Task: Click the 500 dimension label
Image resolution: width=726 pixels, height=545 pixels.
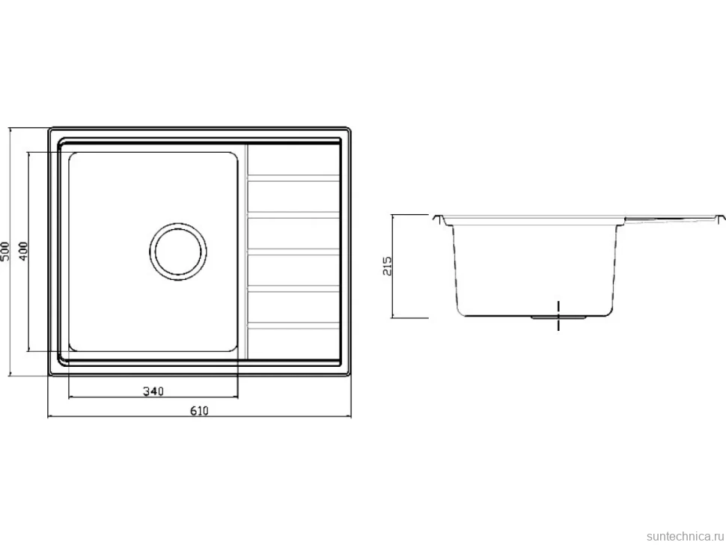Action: tap(5, 251)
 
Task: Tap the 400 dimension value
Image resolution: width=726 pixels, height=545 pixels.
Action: tap(23, 251)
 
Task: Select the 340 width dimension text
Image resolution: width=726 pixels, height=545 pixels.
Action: tap(153, 392)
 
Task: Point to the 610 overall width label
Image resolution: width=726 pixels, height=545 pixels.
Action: tap(199, 411)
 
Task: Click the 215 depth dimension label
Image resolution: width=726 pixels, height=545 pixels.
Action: tap(387, 267)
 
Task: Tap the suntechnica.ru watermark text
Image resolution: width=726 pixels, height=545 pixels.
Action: tap(685, 536)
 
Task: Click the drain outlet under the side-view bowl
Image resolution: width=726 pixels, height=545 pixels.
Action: tap(559, 317)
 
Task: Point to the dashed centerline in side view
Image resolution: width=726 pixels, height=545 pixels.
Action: tap(559, 316)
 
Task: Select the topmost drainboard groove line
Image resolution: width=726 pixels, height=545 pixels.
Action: tap(293, 178)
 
